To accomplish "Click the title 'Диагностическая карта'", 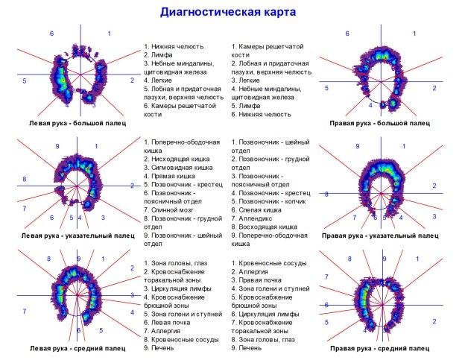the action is (228, 12).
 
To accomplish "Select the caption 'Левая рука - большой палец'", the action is (77, 123).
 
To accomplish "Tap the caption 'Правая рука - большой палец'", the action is (379, 123).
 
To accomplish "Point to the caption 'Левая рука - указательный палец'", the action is (77, 236).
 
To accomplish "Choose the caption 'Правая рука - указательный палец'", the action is (380, 236).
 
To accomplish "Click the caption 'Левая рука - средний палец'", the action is (77, 349).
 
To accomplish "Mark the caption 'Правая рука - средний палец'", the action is (379, 349).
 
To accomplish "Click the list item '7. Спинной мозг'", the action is (169, 210).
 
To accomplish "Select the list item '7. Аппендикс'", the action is (252, 218).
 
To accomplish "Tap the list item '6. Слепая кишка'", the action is (256, 210).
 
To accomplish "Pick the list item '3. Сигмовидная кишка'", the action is (178, 168).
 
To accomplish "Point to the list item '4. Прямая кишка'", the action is (169, 176).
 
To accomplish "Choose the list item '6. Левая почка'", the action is (167, 323).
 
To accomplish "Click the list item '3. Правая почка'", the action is (256, 280).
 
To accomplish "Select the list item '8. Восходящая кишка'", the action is (265, 227).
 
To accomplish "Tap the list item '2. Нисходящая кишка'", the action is (177, 159).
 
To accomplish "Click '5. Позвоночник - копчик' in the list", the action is (268, 201).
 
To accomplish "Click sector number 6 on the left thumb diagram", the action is (52, 34).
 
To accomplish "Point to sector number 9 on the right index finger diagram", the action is (358, 146).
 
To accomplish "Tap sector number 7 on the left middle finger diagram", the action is (25, 311).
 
